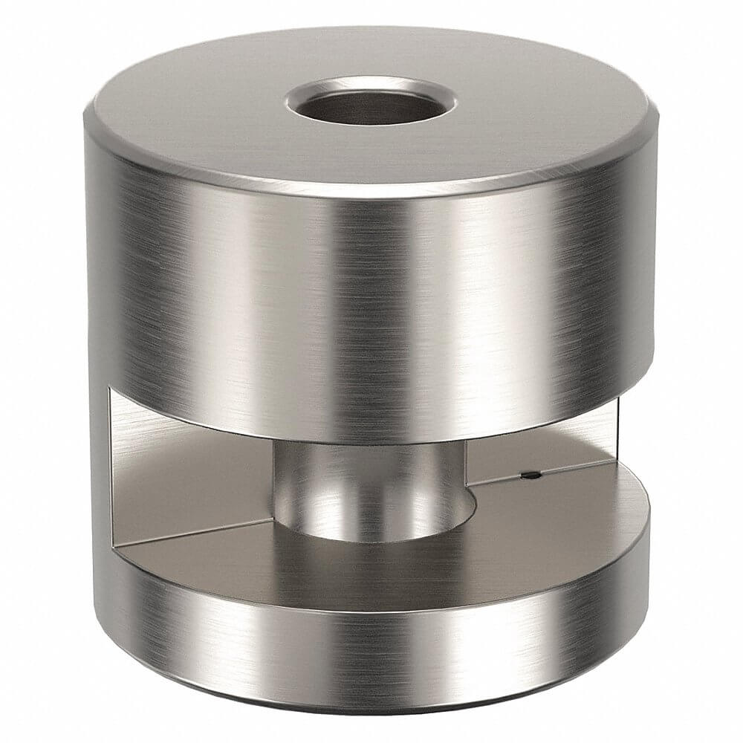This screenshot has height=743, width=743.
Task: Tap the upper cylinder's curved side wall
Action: coord(371,297)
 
